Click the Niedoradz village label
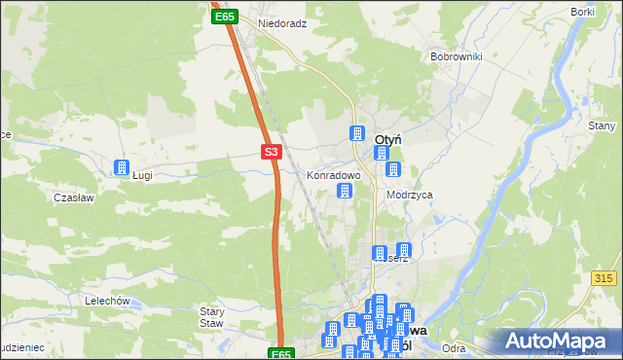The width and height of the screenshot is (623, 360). pos(282,22)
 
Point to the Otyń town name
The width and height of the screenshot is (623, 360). pos(389,139)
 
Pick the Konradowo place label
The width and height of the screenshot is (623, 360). pos(334,176)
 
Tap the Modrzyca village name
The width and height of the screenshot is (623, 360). pos(409,195)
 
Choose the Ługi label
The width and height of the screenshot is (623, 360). pos(142,176)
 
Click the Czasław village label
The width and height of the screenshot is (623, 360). pos(73,197)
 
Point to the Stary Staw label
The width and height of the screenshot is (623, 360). pos(211,317)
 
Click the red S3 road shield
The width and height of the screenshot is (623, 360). pos(272,152)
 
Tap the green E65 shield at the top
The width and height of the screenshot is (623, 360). pos(225,17)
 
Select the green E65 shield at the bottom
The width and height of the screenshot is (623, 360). pos(280,354)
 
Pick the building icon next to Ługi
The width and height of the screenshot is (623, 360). pos(123,166)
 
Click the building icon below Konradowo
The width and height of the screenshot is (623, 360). pos(344,191)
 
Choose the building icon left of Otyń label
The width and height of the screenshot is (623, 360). pos(357,133)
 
